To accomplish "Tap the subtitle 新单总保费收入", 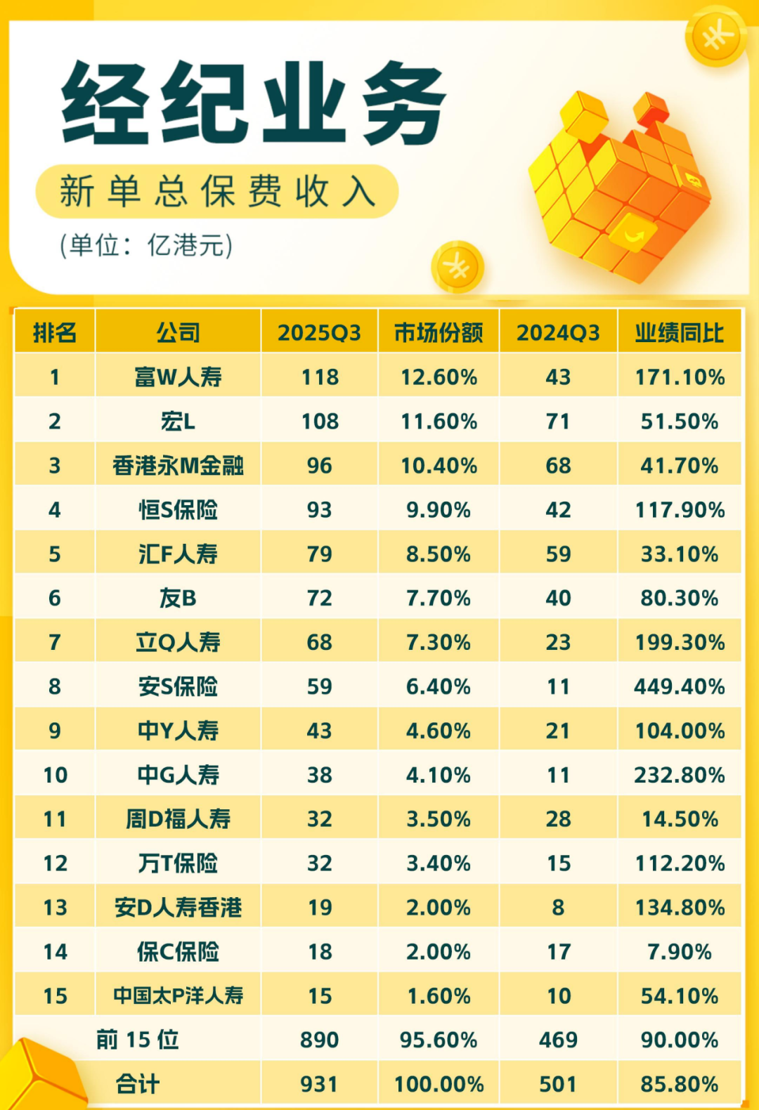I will coord(217,191).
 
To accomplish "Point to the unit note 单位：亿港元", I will coord(146,245).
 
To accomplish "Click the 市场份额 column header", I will coord(439,332).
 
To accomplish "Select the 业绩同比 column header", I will coord(679,332).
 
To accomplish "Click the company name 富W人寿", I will coord(178,377).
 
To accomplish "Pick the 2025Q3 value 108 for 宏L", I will coord(320,422).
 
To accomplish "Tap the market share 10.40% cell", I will coord(439,466).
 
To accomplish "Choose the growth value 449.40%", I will coord(679,686).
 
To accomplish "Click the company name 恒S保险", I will coord(178,510).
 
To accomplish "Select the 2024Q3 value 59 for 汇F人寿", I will coord(558,554).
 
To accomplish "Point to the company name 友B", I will coord(178,599).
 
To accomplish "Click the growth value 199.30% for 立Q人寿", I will coord(679,642).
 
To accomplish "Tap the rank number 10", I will coord(55,775).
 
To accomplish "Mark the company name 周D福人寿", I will coord(178,819).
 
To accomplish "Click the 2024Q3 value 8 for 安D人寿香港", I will coord(558,908).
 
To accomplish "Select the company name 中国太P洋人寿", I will coord(178,995).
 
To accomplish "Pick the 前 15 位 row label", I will coord(138,1040).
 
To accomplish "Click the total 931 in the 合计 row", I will coord(320,1084).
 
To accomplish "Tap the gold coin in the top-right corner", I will coord(716,37).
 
